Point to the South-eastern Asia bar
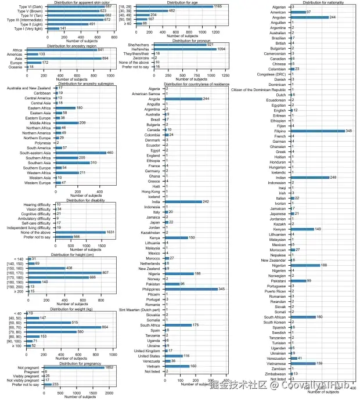84,153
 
